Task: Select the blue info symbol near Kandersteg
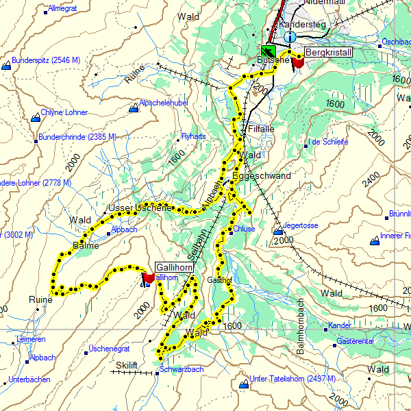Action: click(290, 37)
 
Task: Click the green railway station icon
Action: click(269, 51)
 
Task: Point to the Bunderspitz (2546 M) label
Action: click(46, 60)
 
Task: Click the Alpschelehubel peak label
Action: click(163, 103)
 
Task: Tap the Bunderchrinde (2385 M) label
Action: click(78, 137)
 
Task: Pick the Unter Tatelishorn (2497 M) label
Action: click(292, 379)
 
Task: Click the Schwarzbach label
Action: click(182, 369)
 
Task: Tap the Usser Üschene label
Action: click(140, 208)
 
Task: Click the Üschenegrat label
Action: click(109, 349)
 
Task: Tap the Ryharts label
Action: click(193, 136)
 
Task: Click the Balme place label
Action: click(86, 245)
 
